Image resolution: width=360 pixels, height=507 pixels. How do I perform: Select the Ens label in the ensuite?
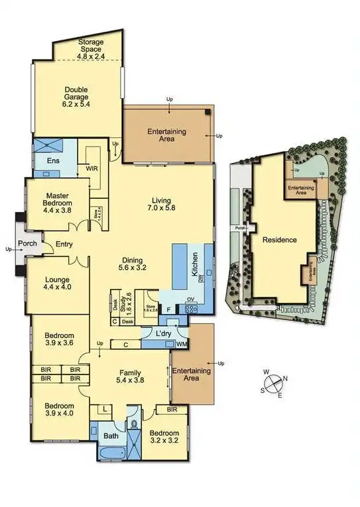tap(53, 160)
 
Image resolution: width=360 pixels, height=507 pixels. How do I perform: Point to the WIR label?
tap(91, 169)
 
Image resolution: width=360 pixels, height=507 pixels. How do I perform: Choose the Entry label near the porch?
tap(64, 244)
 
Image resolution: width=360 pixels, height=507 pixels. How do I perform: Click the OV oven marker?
tap(190, 300)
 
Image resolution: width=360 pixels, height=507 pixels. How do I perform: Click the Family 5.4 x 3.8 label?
tap(130, 377)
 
